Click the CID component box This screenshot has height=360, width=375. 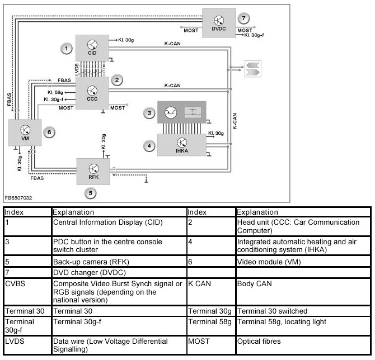coord(93,46)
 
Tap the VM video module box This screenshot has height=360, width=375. coord(25,133)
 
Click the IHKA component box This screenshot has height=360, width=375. coord(181,144)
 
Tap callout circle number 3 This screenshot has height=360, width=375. coord(149,113)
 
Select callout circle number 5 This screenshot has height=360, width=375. coord(91,193)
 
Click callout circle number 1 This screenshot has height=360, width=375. coord(67,49)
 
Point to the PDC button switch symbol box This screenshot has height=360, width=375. coord(181,112)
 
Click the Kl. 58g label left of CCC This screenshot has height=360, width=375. coord(55,92)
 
